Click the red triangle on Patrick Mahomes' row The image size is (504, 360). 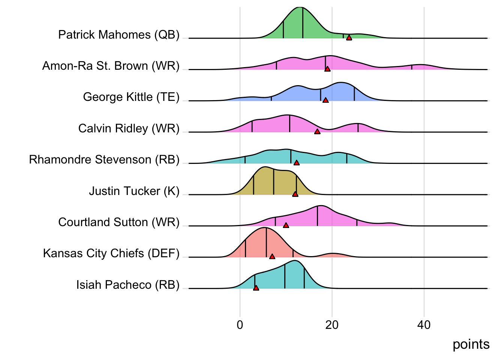point(349,37)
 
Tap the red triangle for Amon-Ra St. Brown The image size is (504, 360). point(327,69)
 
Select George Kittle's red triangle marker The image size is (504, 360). point(325,100)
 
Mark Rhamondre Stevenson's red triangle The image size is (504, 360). point(297,163)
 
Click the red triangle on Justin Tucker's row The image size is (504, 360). point(295,194)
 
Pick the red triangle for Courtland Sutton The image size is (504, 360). point(286,225)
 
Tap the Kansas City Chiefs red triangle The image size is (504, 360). point(272,256)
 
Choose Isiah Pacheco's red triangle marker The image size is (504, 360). point(256,288)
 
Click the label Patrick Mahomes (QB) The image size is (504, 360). point(119,35)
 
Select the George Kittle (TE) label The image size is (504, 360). point(131,97)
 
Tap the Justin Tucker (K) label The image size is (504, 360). point(134,191)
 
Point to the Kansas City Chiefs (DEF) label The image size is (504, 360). point(111,253)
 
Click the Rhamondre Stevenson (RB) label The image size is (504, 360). point(104,160)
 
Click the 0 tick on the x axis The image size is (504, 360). point(240,325)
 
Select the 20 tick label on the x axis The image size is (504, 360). point(332,325)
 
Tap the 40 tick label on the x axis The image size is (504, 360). point(424,325)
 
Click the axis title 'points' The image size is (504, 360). point(471,344)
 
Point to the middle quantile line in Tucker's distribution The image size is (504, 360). point(274,182)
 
